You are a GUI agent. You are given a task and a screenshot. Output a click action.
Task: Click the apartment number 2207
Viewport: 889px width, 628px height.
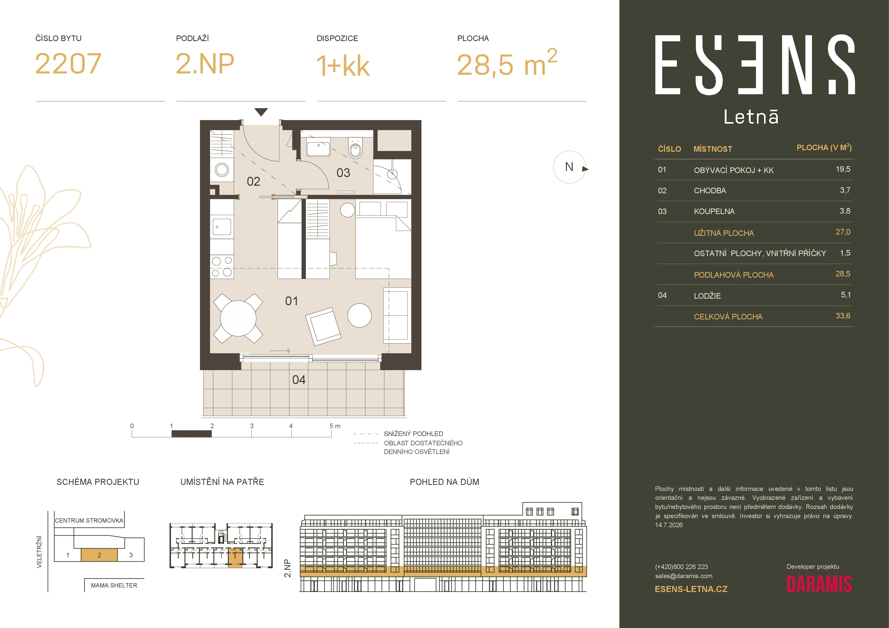(x=68, y=64)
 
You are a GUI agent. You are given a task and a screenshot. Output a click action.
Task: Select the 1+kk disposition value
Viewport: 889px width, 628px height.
(x=343, y=65)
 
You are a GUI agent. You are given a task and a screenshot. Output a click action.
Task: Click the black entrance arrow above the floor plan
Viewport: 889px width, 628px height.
(x=261, y=112)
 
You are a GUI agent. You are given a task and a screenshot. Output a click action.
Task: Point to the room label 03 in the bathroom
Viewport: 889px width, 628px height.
(x=343, y=173)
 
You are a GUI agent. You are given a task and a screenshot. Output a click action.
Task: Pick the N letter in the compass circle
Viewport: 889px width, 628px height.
(x=569, y=167)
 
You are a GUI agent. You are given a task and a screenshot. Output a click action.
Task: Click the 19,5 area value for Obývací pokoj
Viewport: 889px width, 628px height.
(x=843, y=169)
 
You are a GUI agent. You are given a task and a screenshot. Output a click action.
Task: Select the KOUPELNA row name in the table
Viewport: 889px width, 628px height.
(x=714, y=211)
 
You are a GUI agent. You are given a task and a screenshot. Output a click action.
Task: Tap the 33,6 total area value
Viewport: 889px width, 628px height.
(x=843, y=316)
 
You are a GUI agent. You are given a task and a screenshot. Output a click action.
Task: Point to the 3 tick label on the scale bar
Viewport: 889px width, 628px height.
(x=252, y=426)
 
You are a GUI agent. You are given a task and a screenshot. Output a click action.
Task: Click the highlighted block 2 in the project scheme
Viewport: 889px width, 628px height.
(x=99, y=555)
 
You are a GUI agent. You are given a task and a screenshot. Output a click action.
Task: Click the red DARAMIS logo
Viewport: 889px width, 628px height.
(x=819, y=584)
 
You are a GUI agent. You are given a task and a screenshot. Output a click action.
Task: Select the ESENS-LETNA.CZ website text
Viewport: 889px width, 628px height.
(x=691, y=589)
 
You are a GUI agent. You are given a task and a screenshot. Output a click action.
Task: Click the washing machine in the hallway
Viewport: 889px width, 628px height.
(x=222, y=169)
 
